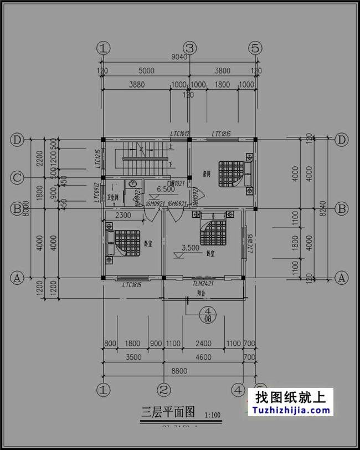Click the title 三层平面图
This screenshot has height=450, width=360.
pyautogui.click(x=168, y=412)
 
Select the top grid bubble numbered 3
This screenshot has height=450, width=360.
pyautogui.click(x=190, y=48)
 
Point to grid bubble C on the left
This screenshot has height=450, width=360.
pyautogui.click(x=17, y=178)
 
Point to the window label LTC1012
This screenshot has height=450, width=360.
pyautogui.click(x=180, y=134)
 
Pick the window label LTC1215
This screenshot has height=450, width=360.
pyautogui.click(x=97, y=159)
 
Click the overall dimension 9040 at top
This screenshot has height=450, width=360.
pyautogui.click(x=179, y=56)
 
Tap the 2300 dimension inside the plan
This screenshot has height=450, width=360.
pyautogui.click(x=124, y=216)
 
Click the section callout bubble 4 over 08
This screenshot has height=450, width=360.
pyautogui.click(x=209, y=315)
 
